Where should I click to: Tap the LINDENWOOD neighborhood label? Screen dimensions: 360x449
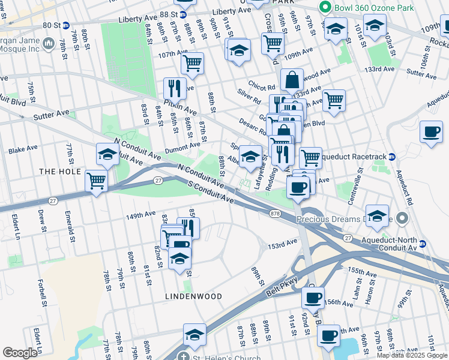194,296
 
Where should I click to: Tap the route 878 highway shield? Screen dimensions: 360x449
276,213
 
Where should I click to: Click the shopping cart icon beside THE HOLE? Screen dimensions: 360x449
96,179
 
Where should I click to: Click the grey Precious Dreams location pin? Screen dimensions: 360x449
402,218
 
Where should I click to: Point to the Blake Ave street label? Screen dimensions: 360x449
23,149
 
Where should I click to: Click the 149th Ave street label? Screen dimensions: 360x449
141,215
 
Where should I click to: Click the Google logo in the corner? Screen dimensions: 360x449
20,353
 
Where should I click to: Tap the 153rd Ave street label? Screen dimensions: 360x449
283,245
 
